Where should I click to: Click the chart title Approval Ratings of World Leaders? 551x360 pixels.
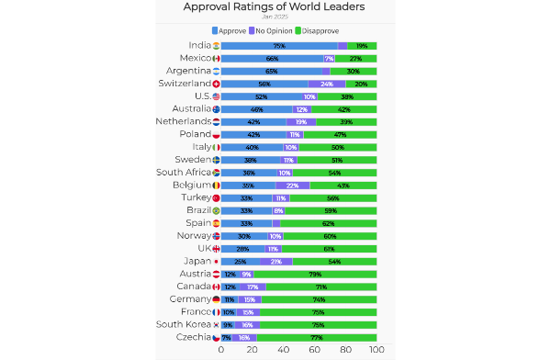coord(274,7)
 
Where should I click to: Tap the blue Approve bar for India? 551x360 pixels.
coord(279,45)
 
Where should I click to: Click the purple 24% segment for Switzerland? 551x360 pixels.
coord(327,84)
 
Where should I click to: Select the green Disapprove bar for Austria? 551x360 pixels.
coord(315,274)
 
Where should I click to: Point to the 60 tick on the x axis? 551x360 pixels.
coord(315,350)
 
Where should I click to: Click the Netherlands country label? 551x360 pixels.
coord(182,121)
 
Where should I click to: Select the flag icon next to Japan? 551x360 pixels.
coord(216,261)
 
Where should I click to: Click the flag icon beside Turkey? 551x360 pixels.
coord(216,197)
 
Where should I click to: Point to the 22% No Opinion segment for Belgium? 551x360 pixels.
coord(293,185)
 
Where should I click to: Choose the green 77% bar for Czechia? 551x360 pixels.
coord(317,337)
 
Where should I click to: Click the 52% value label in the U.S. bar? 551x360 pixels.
coord(262,96)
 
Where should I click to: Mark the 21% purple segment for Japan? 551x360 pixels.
coord(276,261)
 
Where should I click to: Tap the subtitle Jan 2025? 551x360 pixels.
coord(274,17)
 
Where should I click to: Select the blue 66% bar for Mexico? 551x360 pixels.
coord(272,58)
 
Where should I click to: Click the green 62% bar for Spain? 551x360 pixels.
coord(329,223)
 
